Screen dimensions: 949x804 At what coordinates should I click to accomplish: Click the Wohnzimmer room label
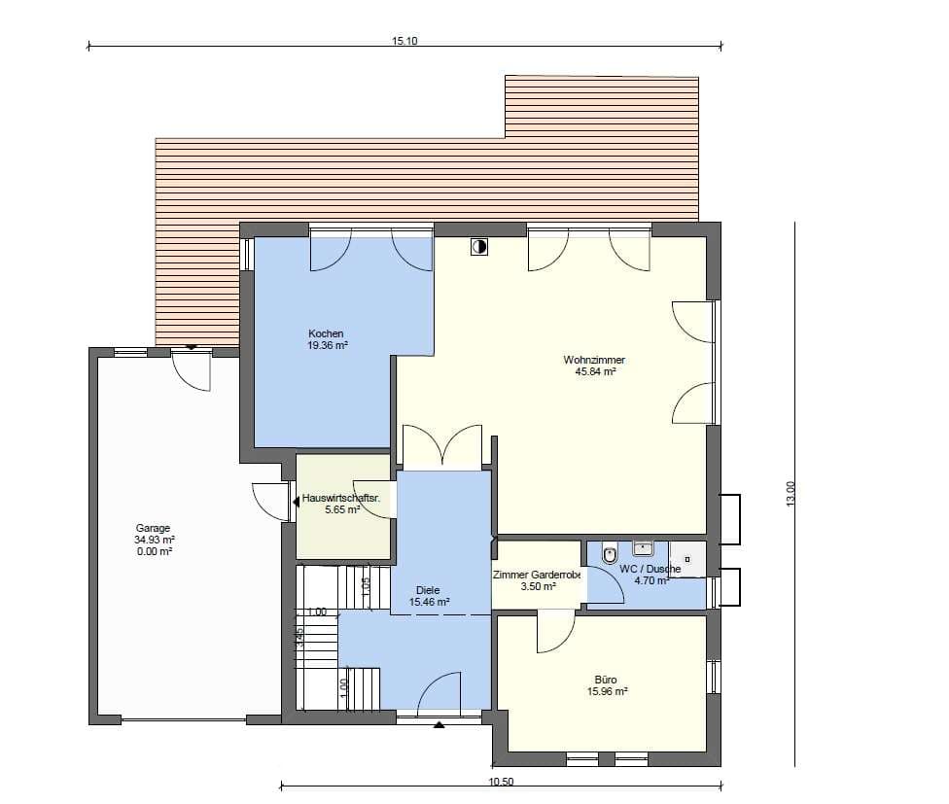click(594, 360)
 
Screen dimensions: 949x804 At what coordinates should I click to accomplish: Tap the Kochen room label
click(326, 333)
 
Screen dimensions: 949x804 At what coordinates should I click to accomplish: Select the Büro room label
click(606, 680)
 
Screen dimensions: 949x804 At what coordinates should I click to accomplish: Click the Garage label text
click(153, 528)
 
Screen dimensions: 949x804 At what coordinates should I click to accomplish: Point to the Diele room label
click(428, 590)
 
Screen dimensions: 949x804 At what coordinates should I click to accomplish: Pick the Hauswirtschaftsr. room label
click(340, 499)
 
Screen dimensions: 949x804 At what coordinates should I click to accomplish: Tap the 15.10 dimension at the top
click(404, 41)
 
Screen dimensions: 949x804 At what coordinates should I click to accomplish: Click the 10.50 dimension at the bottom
click(501, 782)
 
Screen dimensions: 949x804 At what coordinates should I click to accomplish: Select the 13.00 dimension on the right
click(791, 494)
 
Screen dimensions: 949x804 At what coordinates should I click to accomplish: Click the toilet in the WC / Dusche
click(610, 554)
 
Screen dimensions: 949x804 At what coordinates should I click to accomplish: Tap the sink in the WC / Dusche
click(643, 548)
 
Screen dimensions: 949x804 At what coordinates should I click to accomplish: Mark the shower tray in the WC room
click(686, 559)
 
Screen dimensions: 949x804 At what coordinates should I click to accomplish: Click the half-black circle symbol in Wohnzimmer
click(479, 247)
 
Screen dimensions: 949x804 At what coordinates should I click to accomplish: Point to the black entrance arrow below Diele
click(439, 723)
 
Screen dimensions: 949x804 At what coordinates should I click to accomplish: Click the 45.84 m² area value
click(595, 372)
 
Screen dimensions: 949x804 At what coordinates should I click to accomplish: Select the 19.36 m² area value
click(328, 346)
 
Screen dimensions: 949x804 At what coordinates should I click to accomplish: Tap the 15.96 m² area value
click(607, 691)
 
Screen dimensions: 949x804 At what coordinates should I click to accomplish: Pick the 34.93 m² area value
click(155, 541)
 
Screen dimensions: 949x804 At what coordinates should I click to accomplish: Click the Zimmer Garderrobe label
click(537, 575)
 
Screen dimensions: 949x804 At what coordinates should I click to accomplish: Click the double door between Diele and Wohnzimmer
click(442, 446)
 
